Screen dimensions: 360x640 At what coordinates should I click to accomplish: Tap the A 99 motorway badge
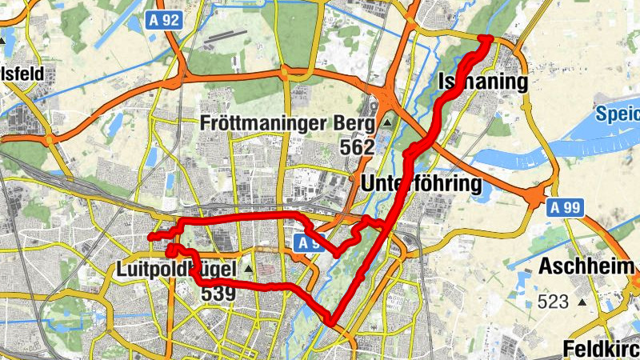566,207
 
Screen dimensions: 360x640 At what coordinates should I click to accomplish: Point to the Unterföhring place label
422,184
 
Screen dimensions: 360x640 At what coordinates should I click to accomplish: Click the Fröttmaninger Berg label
287,124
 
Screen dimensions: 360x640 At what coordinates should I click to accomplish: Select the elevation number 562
356,148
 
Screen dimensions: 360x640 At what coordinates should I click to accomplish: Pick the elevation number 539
218,294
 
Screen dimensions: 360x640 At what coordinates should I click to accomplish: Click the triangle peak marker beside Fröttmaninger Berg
387,123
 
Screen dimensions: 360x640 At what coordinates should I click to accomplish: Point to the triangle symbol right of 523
582,302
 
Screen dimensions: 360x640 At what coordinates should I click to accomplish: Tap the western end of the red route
150,236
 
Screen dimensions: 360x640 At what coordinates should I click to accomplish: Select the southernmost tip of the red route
330,322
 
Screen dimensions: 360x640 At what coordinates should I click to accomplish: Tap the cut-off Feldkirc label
600,349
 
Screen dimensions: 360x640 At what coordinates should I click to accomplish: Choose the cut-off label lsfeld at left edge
21,74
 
